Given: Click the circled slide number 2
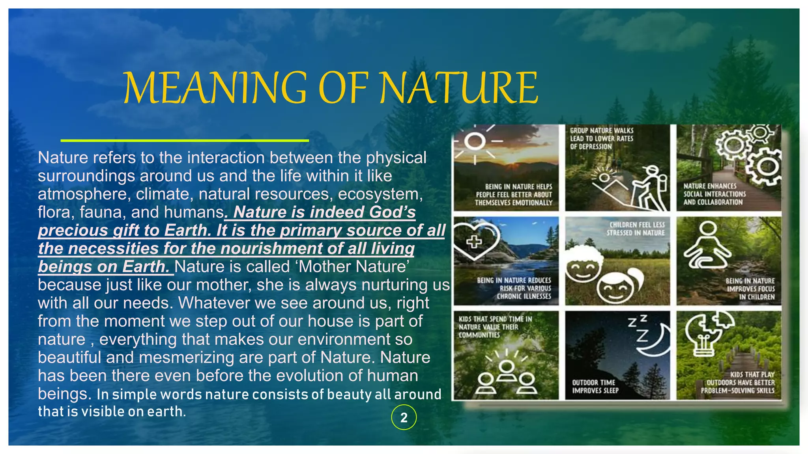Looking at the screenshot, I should point(404,417).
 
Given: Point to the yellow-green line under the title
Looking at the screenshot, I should point(185,140).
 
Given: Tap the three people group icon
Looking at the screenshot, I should point(506,376).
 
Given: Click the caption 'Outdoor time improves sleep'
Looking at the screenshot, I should point(595,387).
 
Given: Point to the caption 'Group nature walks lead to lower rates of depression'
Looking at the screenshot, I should point(601,138).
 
